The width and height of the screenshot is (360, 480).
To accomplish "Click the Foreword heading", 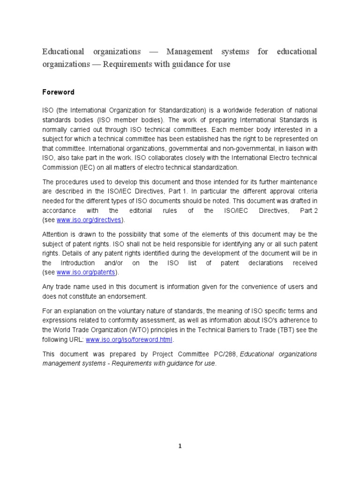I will coord(58,92).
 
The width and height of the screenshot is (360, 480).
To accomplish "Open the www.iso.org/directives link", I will coord(89,219).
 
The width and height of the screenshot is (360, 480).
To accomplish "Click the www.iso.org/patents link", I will coord(86,272).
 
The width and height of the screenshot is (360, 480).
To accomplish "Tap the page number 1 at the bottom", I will coord(180,446).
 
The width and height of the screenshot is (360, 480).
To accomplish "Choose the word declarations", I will coord(260,263).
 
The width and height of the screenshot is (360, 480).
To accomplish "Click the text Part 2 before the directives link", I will coord(309,210).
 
